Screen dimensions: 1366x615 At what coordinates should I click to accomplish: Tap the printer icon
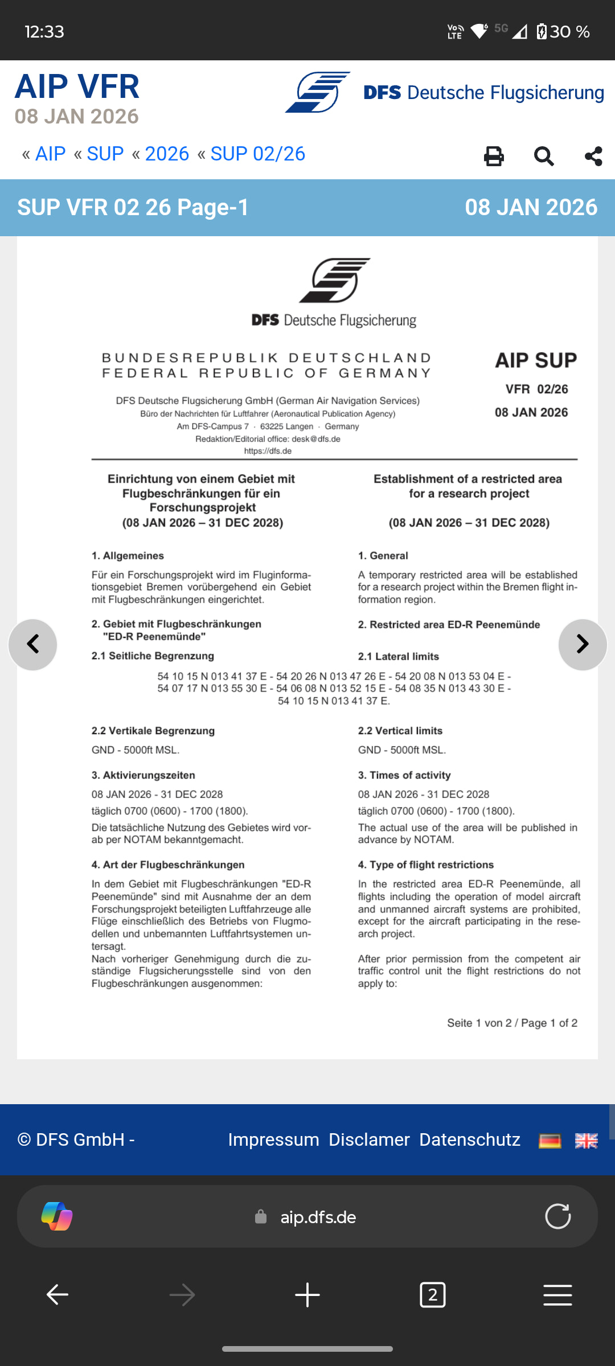point(494,156)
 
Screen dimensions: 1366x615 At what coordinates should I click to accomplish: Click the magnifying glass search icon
point(544,156)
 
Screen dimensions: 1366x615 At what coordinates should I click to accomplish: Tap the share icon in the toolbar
point(593,156)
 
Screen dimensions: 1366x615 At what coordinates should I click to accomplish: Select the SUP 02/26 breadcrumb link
point(257,154)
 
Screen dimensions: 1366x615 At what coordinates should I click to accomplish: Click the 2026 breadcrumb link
point(167,154)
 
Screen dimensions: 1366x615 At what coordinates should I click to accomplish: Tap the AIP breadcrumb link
point(50,154)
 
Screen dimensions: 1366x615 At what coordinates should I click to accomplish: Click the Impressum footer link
point(273,1139)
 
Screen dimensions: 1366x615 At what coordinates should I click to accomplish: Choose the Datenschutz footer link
point(470,1139)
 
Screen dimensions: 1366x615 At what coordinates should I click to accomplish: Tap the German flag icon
point(550,1141)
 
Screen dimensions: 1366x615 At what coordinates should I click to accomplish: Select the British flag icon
point(586,1141)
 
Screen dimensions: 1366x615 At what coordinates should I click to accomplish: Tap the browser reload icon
point(557,1216)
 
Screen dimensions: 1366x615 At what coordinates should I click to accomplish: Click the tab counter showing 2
point(432,1295)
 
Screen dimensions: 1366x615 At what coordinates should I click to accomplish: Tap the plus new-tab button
point(307,1295)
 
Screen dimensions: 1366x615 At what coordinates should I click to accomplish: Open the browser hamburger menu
point(557,1295)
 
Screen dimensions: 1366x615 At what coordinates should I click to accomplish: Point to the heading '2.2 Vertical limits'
point(400,731)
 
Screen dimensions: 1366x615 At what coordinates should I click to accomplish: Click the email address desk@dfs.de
point(316,439)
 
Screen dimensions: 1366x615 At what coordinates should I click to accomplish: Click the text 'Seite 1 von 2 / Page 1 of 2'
point(512,1023)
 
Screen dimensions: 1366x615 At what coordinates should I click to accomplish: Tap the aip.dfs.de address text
point(318,1217)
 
